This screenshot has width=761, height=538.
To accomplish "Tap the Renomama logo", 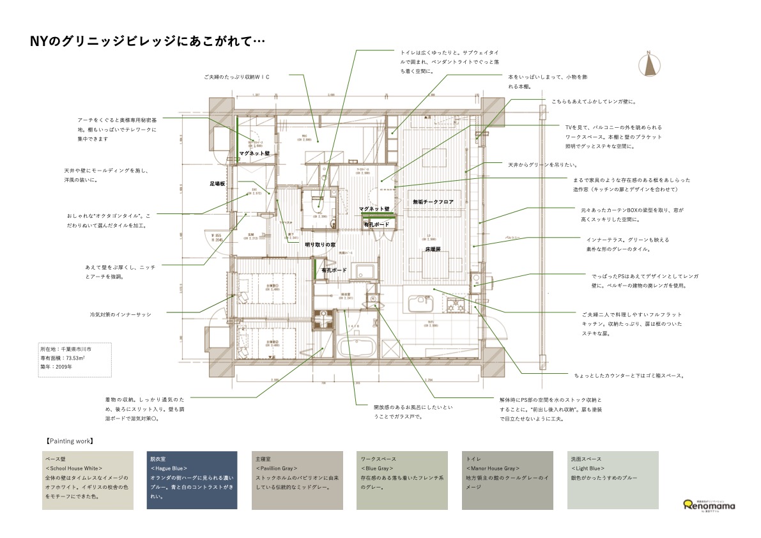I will coord(709,505).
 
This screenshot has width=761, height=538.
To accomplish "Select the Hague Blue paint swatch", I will coord(192,480).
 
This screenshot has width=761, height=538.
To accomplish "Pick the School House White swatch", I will coord(88,480).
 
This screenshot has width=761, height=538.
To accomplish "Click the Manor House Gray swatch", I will coord(507,480).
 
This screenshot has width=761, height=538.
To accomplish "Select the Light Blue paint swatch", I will coord(612,480).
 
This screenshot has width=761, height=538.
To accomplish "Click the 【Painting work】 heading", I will coord(70,441).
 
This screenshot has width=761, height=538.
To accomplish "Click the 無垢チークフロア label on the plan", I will coord(433,202).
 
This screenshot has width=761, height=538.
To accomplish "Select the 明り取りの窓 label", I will coord(319,244).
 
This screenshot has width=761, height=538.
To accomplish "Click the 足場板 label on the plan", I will coord(218,184).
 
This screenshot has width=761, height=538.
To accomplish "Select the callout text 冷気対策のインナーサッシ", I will coord(120,314).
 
